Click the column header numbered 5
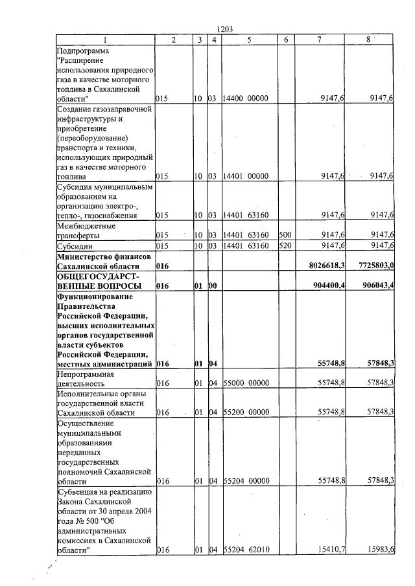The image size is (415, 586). [249, 39]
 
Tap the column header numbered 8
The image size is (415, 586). [368, 39]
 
